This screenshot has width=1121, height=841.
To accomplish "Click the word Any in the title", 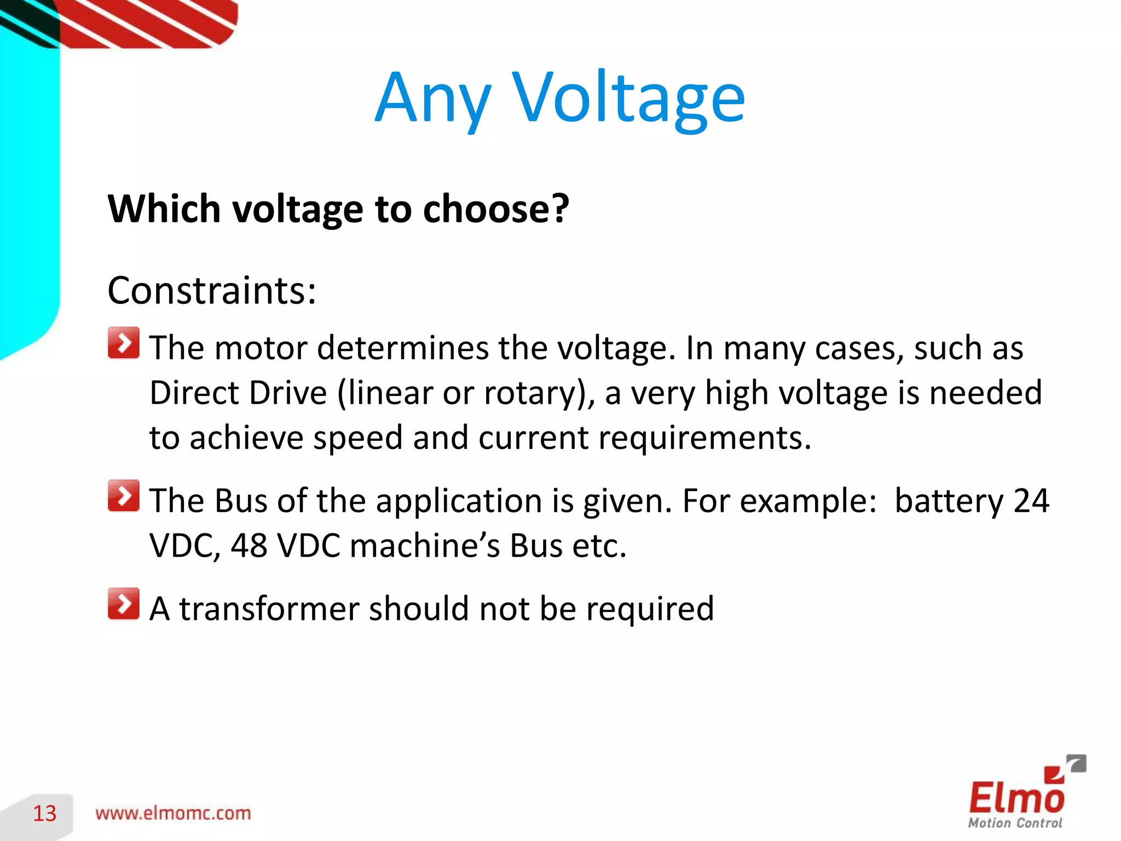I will (432, 99).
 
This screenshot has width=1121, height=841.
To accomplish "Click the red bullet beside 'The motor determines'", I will (124, 343).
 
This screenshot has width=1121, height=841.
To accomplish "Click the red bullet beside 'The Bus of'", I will (124, 496).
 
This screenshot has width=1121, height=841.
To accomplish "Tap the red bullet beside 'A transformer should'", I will (124, 604).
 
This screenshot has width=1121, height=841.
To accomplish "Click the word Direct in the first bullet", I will (194, 393).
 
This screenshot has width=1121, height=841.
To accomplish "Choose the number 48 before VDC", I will (249, 546).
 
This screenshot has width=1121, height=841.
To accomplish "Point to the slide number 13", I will (45, 814).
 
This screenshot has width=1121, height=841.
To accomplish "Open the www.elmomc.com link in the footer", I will (173, 814).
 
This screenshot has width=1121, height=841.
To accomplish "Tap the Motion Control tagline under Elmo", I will (1015, 823).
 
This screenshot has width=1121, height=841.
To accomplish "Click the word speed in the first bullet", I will (358, 439).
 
